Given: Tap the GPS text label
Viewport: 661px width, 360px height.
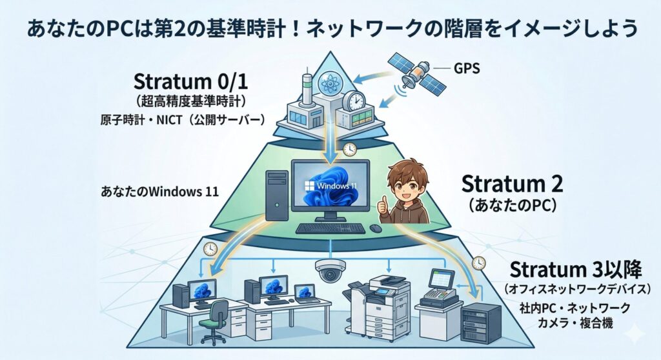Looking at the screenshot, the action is coord(467,68).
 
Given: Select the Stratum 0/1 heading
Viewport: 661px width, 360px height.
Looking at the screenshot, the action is coord(190,81).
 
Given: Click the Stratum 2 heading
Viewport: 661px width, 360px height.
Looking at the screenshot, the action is coord(512,184).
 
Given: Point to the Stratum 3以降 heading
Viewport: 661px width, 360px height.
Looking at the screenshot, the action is coord(575,270).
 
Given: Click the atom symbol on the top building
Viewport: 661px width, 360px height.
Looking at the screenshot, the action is coord(330,83).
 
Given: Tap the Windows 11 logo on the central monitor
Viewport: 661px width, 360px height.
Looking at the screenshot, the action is coord(330,185).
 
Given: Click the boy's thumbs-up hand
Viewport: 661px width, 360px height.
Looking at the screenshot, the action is coord(383,206).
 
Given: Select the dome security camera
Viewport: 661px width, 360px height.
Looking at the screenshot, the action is coord(330,270).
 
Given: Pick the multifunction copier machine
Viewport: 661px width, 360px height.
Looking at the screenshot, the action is coord(377,308).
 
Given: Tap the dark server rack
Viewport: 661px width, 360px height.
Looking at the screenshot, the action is coord(481,323).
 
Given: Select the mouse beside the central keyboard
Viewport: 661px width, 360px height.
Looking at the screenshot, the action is coord(376,228).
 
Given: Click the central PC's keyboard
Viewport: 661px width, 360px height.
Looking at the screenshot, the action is coord(330,228).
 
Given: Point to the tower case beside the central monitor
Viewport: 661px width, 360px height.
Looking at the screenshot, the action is coord(277,195).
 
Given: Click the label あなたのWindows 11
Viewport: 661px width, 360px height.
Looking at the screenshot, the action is coord(160,192).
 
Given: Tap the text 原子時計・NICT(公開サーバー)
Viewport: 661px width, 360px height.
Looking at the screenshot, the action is coord(183,120).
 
